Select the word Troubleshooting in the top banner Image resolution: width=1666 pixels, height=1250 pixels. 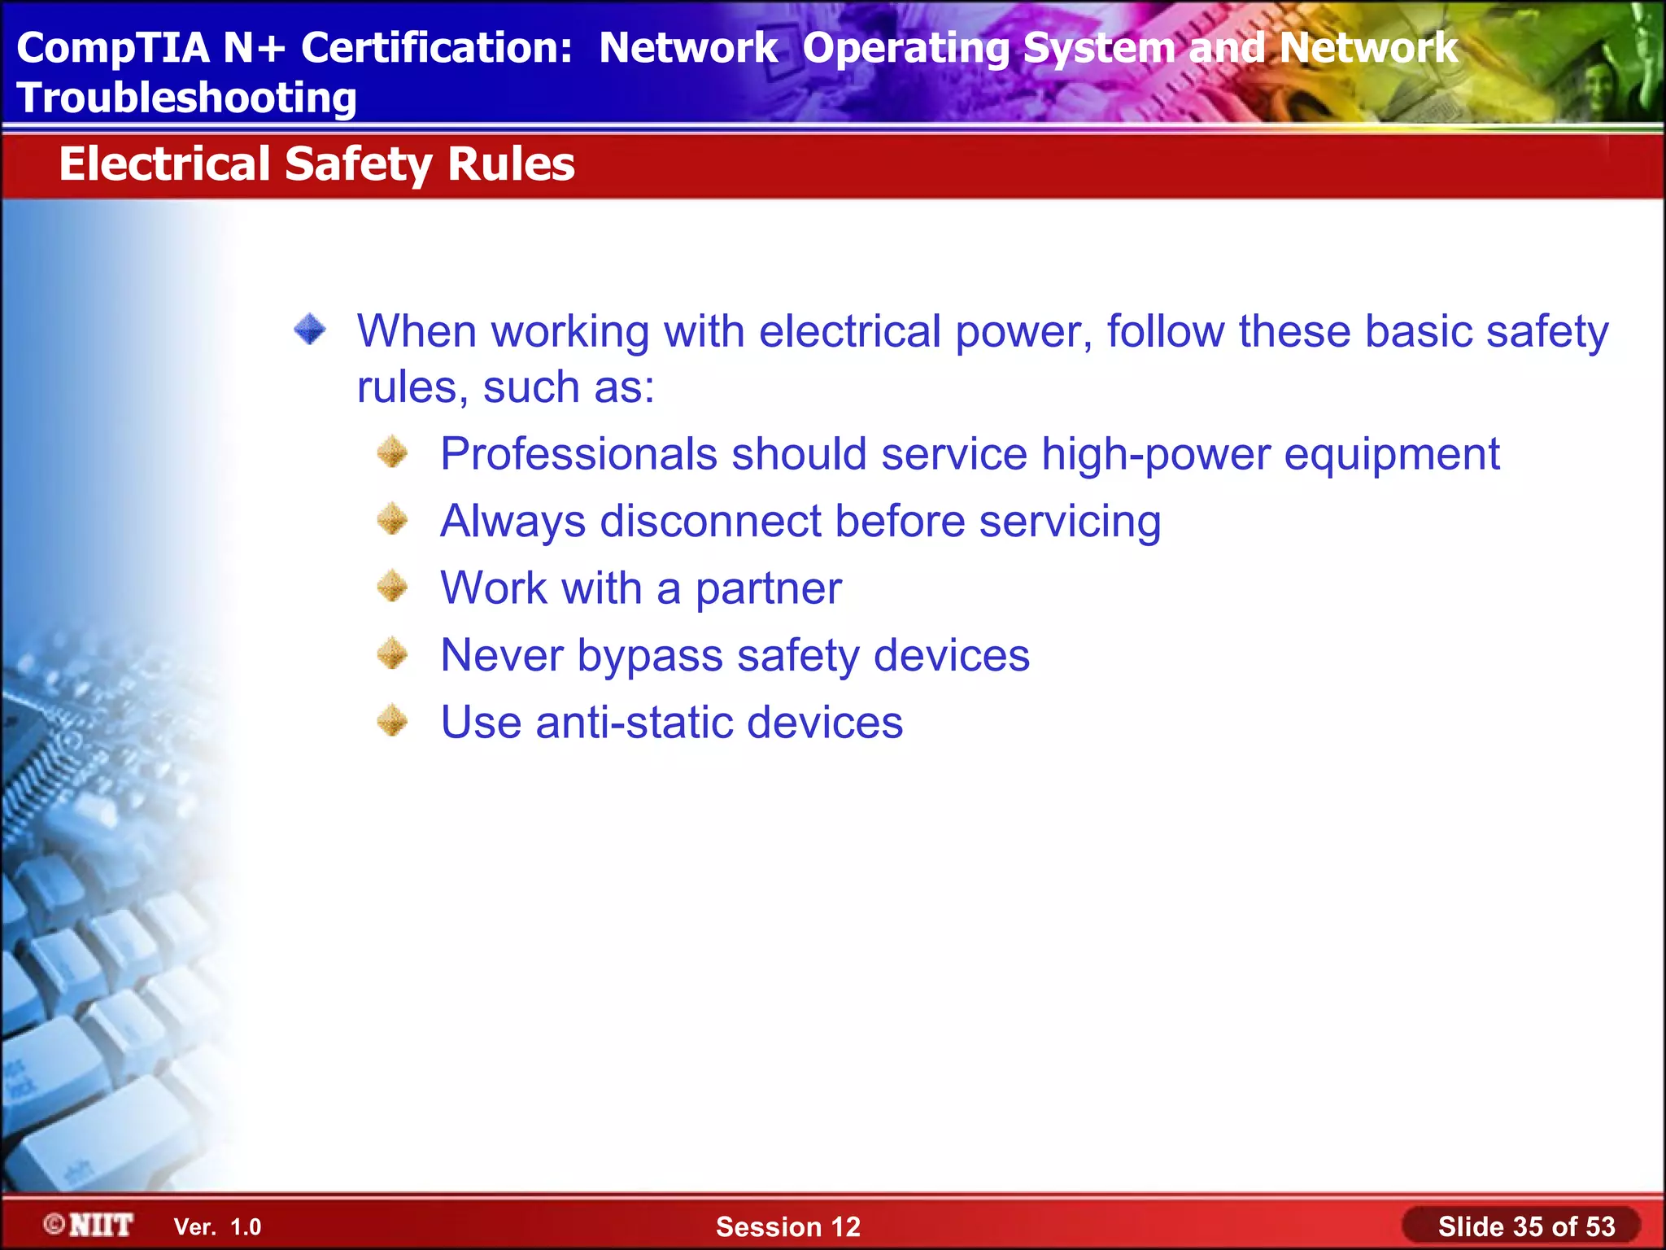[x=186, y=98]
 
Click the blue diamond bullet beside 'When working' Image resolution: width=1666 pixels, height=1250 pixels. [x=310, y=330]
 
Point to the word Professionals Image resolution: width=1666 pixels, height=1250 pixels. [x=578, y=454]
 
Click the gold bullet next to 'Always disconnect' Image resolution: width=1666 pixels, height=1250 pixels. [x=393, y=519]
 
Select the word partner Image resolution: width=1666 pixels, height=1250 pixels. [x=768, y=588]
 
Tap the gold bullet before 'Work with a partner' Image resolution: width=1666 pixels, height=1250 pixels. [x=393, y=586]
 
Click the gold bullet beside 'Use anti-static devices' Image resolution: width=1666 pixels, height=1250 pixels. [x=393, y=720]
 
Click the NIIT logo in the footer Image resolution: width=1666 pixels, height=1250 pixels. [x=89, y=1225]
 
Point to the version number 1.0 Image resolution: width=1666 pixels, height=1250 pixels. [x=246, y=1227]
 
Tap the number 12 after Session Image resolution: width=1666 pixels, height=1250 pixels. [x=843, y=1226]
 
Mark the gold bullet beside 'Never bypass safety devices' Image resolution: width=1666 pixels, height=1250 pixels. [x=393, y=653]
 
